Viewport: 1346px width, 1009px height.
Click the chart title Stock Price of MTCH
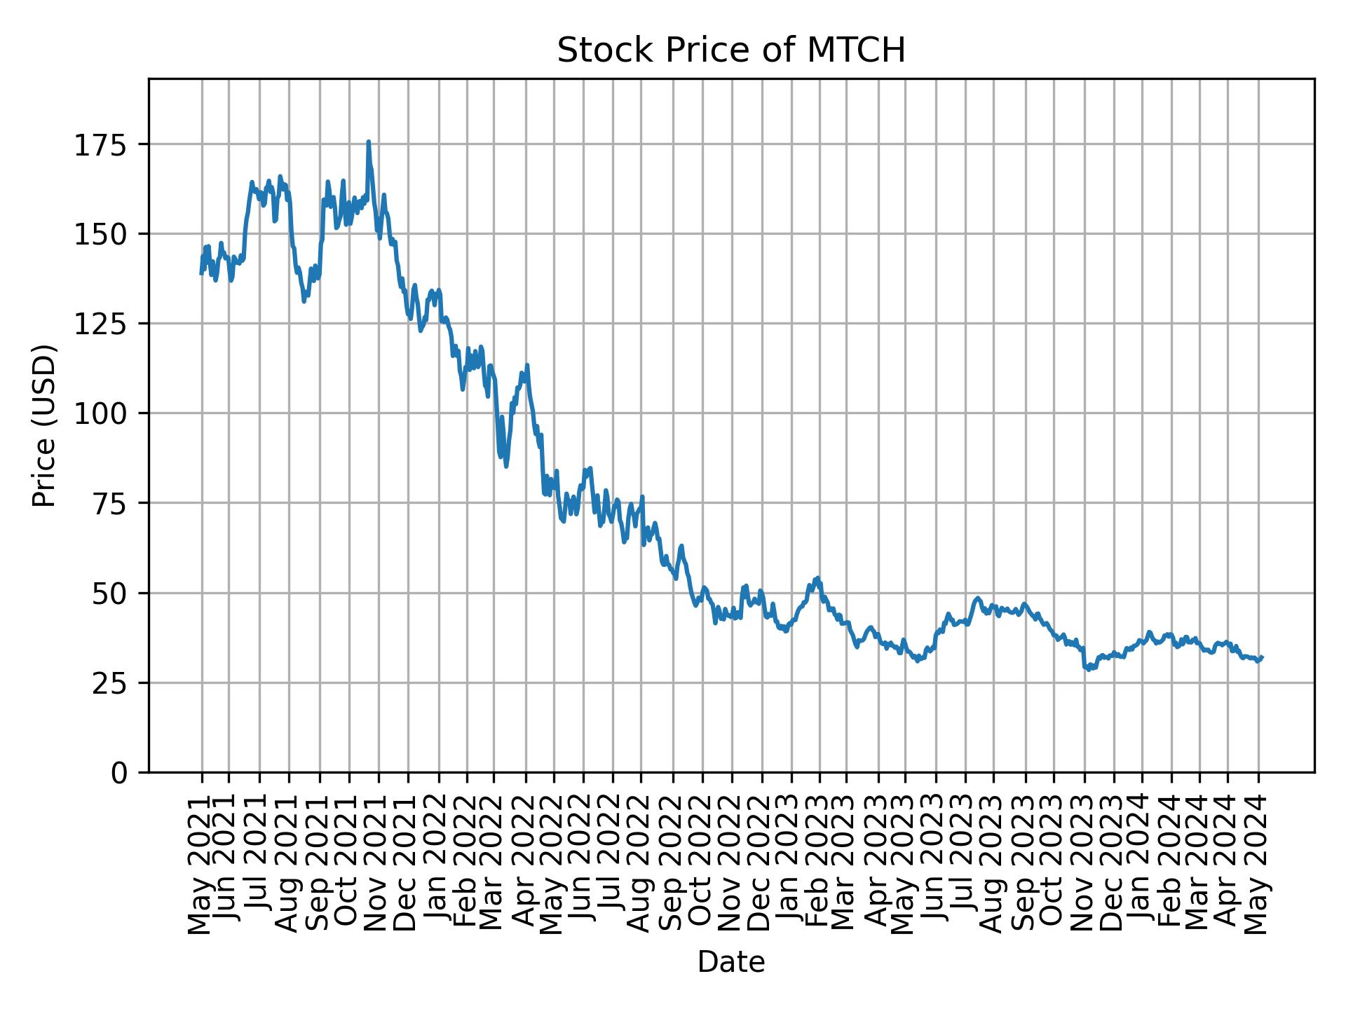pyautogui.click(x=730, y=51)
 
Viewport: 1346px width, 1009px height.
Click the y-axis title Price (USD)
pyautogui.click(x=44, y=425)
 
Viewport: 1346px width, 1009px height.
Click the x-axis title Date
pyautogui.click(x=730, y=963)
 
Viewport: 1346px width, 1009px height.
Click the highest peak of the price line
pyautogui.click(x=368, y=142)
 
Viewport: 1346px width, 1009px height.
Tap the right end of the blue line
pyautogui.click(x=1262, y=657)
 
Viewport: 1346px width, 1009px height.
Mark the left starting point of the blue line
pyautogui.click(x=201, y=273)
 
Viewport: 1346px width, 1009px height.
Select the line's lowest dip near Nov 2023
pyautogui.click(x=1088, y=670)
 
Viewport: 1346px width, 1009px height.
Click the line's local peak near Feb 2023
pyautogui.click(x=817, y=578)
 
